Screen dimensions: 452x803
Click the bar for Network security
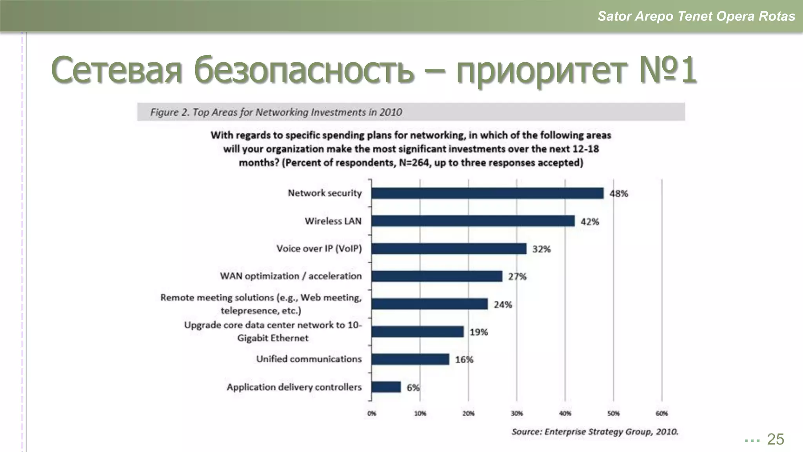487,193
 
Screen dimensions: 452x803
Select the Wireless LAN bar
473,221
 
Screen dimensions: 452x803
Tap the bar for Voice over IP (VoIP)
449,249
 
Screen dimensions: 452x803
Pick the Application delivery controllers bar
386,387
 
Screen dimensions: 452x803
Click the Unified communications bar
410,359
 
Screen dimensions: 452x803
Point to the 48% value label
619,193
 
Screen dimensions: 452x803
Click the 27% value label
517,277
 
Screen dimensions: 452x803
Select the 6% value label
413,388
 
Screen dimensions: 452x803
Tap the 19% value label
479,332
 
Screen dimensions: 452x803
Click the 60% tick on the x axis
662,413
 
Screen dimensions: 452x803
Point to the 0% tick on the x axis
372,413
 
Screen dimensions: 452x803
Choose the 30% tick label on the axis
517,413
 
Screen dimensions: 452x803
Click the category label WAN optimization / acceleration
291,276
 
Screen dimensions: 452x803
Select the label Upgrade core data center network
273,331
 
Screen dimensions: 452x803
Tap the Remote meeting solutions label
261,304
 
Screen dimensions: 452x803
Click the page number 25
775,439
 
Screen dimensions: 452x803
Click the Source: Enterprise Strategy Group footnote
594,432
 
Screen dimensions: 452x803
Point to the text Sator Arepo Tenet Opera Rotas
696,16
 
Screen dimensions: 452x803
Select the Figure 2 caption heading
276,112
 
